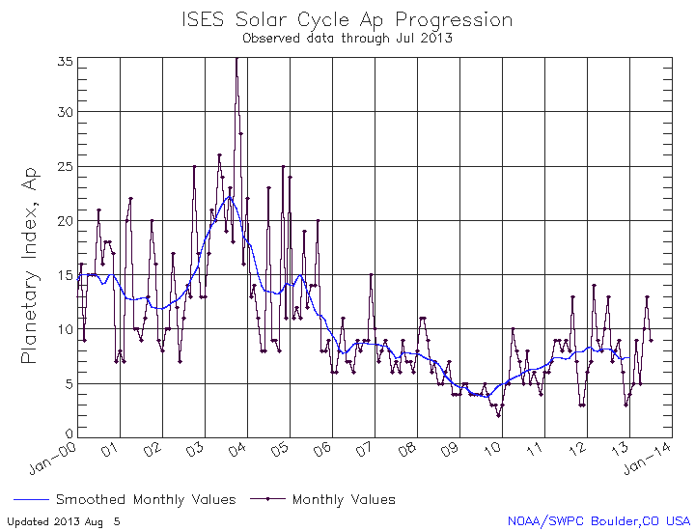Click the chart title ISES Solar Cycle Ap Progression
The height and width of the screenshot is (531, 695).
pyautogui.click(x=347, y=19)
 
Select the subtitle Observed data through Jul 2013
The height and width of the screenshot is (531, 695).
pyautogui.click(x=347, y=39)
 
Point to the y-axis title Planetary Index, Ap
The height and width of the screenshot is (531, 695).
pyautogui.click(x=29, y=264)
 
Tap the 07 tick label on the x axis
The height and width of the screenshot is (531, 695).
pyautogui.click(x=365, y=450)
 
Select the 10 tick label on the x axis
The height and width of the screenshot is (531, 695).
pyautogui.click(x=492, y=450)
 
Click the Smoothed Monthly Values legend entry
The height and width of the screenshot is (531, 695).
pyautogui.click(x=146, y=500)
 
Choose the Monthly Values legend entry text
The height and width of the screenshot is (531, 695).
pyautogui.click(x=344, y=500)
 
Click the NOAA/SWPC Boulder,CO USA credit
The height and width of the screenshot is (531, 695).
pyautogui.click(x=599, y=521)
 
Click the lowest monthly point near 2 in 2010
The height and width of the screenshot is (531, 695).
pyautogui.click(x=498, y=415)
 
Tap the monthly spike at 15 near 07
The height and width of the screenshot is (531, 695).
pyautogui.click(x=371, y=275)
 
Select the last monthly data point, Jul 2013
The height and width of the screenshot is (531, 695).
pyautogui.click(x=652, y=340)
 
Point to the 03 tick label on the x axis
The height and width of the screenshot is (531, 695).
pyautogui.click(x=194, y=450)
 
